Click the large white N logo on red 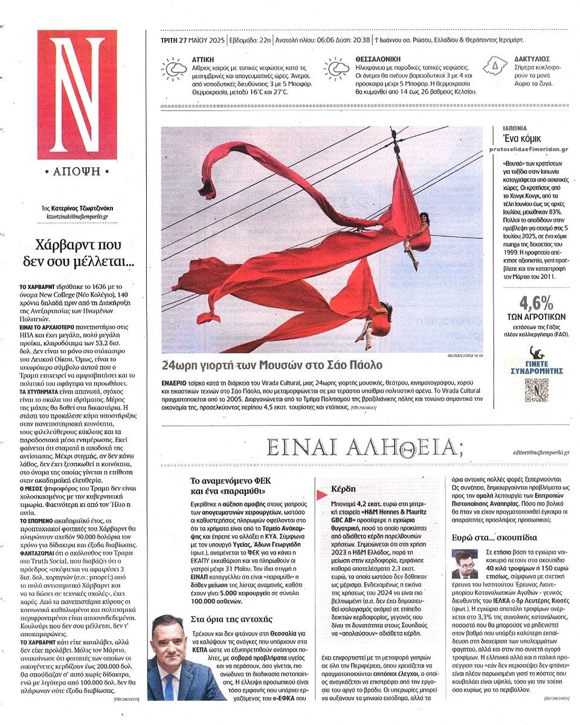click(77, 95)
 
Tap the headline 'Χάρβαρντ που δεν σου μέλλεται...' click(77, 253)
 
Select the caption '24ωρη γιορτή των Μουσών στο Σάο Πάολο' click(272, 365)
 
